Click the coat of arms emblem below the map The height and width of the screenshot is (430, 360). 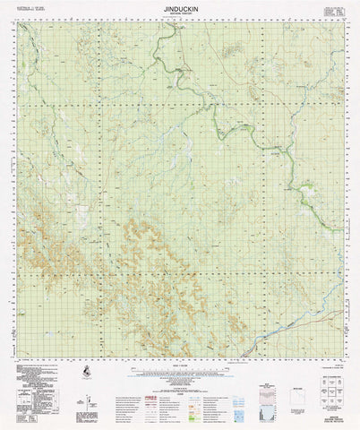[84, 372]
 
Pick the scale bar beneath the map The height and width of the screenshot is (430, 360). [179, 364]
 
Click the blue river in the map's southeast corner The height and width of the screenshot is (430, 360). [269, 331]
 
